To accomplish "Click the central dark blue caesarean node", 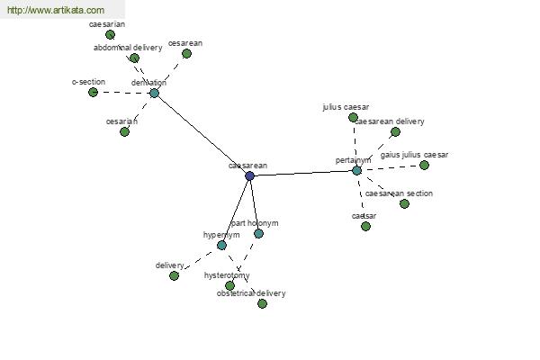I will [x=249, y=175].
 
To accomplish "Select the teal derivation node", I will [x=154, y=93].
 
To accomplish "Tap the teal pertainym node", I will [x=356, y=170].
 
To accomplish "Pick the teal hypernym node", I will [x=221, y=245].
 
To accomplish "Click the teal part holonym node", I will [x=258, y=233].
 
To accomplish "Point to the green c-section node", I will [x=93, y=92].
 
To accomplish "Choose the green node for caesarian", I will [x=110, y=34].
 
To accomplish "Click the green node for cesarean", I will [x=186, y=53].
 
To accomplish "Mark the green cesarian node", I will [x=124, y=131].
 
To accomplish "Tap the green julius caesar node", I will [x=353, y=117].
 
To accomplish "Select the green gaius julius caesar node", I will [x=424, y=165].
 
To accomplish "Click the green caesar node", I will [x=365, y=226].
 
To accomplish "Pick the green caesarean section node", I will [x=404, y=203].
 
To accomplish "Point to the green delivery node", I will [x=174, y=275].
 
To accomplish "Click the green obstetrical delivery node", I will [x=262, y=303].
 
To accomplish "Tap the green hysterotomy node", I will [x=229, y=285].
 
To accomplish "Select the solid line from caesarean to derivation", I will [x=202, y=134].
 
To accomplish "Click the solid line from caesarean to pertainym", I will [x=302, y=173].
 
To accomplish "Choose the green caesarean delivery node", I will [x=395, y=131].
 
